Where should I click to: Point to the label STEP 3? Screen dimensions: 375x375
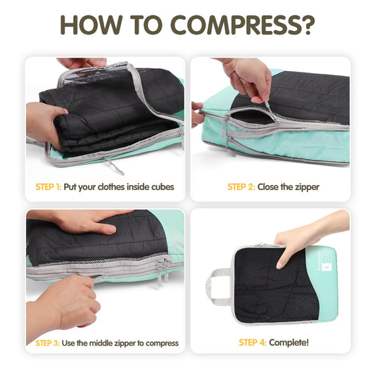pos(50,343)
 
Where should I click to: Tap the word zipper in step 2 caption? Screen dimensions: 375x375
pos(305,187)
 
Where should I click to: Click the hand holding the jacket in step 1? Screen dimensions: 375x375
pos(46,120)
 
